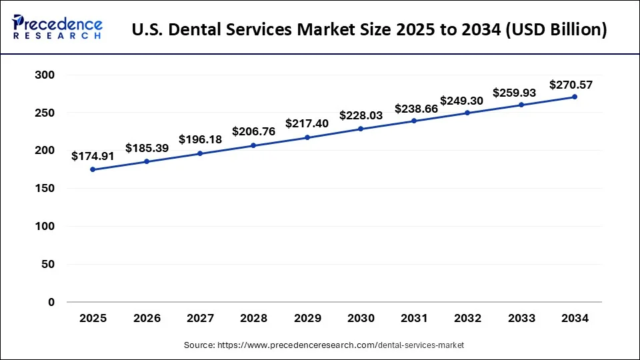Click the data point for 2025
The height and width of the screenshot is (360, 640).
coord(93,169)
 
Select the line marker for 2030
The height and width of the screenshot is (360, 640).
coord(361,129)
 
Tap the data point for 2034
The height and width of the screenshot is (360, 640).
coord(575,97)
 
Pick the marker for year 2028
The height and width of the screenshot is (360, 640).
coord(253,145)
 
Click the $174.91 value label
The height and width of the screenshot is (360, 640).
coord(93,156)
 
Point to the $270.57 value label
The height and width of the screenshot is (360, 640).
coord(571,85)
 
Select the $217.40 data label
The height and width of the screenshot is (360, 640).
coord(307,124)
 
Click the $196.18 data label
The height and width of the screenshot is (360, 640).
coord(200,139)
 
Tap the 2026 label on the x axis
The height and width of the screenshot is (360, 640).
coord(147,319)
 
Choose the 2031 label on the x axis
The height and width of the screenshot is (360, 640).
coord(414,319)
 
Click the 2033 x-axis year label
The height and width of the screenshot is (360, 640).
coord(521,319)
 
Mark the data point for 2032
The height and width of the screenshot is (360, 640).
coord(467,113)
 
